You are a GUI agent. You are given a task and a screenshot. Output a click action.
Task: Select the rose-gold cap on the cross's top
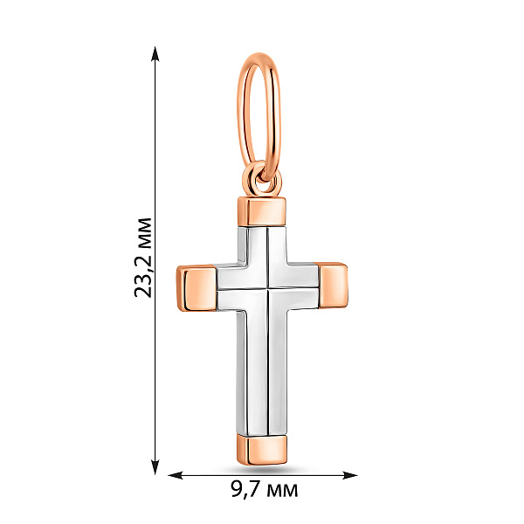click(262, 212)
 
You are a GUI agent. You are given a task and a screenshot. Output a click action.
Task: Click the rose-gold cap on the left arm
click(196, 288)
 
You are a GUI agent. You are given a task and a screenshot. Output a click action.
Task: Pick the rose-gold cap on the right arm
click(334, 286)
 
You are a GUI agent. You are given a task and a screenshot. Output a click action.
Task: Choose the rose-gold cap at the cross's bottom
click(262, 449)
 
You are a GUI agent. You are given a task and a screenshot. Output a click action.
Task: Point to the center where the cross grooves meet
click(268, 287)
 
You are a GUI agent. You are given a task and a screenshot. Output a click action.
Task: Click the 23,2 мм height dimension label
click(143, 258)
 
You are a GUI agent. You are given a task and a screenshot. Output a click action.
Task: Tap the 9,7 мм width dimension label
click(264, 490)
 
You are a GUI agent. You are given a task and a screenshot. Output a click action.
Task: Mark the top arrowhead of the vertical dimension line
click(155, 53)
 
